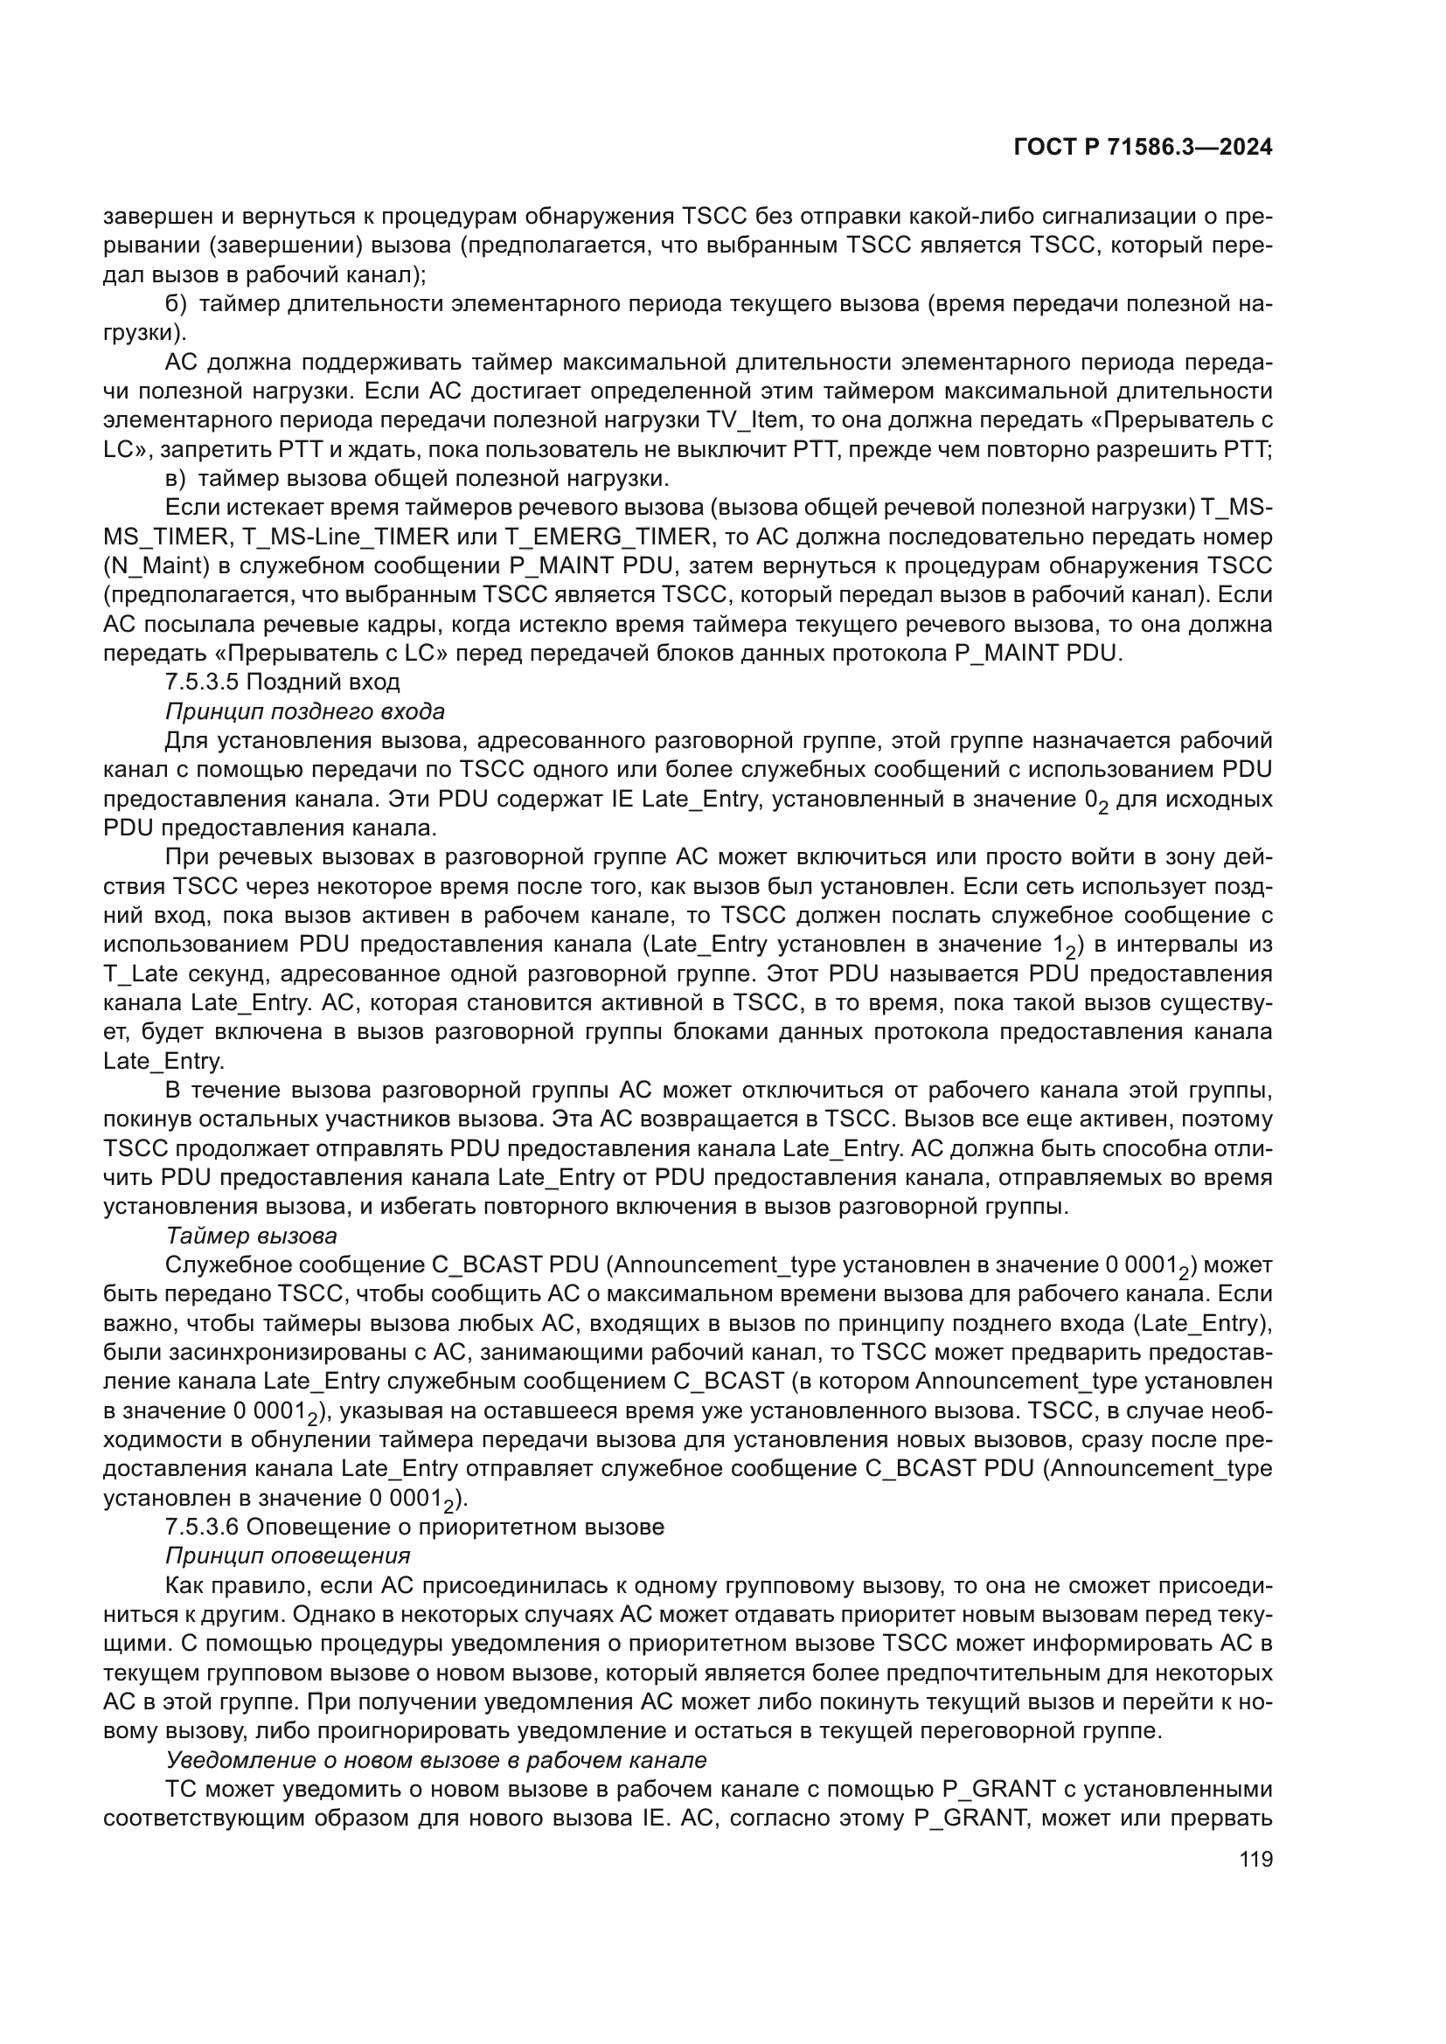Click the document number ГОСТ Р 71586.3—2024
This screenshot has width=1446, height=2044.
[1143, 148]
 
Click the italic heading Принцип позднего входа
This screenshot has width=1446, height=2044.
[304, 711]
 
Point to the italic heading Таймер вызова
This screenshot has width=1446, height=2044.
[251, 1236]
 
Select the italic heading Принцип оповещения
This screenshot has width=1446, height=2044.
[288, 1556]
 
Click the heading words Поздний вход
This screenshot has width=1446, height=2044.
[323, 682]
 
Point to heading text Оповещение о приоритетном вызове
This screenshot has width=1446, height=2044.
[455, 1527]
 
